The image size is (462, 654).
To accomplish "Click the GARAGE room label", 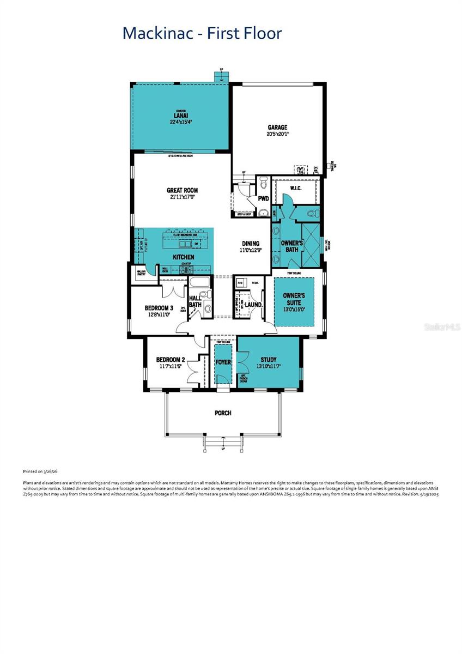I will pos(277,128).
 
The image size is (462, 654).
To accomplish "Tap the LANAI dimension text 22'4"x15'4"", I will pos(181,122).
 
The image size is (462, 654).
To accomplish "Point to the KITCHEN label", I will pos(184,257).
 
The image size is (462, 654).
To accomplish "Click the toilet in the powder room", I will pos(263,181).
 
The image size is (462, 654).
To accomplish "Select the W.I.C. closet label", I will pos(296,188).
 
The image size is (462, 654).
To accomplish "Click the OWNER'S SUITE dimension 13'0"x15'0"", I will pos(294,310).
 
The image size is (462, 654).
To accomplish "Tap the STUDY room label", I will pos(268,359).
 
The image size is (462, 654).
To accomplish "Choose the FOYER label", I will pos(223,362).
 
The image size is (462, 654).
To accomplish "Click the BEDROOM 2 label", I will pos(171,359).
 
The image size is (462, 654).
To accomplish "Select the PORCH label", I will pos(223,413).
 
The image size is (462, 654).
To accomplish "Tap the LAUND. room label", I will pos(253,305).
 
